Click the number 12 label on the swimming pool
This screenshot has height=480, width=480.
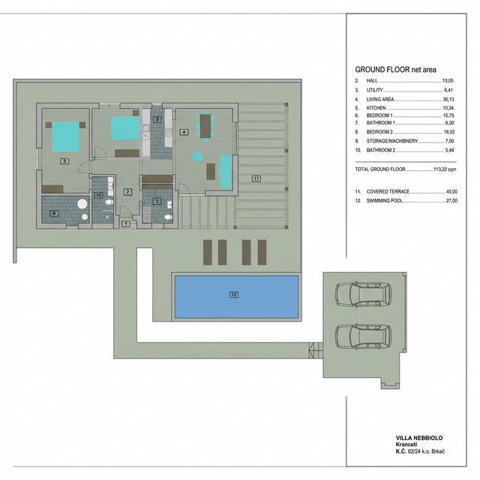[234, 295]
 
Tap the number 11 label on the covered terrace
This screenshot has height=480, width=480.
[256, 178]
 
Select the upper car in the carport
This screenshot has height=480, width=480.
[358, 295]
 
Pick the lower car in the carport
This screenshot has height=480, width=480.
[358, 337]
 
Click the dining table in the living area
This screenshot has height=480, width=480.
[205, 125]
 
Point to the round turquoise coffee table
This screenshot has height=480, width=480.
[196, 157]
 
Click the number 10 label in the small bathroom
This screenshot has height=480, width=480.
[98, 194]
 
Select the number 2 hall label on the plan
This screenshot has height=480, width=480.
[128, 192]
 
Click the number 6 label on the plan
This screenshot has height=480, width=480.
[53, 213]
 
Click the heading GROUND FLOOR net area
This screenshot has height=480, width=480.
[395, 69]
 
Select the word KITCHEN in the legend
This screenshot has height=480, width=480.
[376, 109]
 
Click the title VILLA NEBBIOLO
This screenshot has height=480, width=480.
[420, 436]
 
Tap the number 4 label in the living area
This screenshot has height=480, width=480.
[184, 133]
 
